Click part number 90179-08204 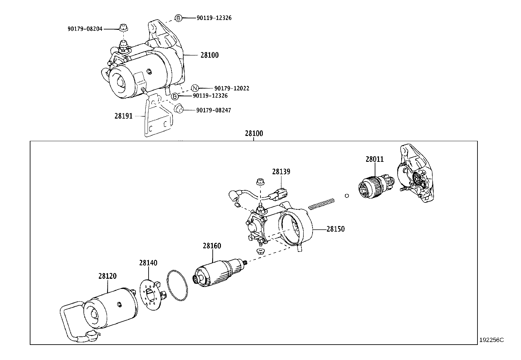(x=85, y=29)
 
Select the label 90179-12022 (x=232, y=88)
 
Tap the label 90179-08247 (x=213, y=110)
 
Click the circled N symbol (x=195, y=88)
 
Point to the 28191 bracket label (x=123, y=116)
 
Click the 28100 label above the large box (x=254, y=134)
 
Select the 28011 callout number (x=375, y=159)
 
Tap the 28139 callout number (x=281, y=172)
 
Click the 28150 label (x=335, y=229)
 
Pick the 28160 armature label (x=212, y=246)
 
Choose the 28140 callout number (x=148, y=263)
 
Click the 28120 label (x=107, y=276)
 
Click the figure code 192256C (x=491, y=340)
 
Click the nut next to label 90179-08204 (x=123, y=28)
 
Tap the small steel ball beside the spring (x=347, y=196)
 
